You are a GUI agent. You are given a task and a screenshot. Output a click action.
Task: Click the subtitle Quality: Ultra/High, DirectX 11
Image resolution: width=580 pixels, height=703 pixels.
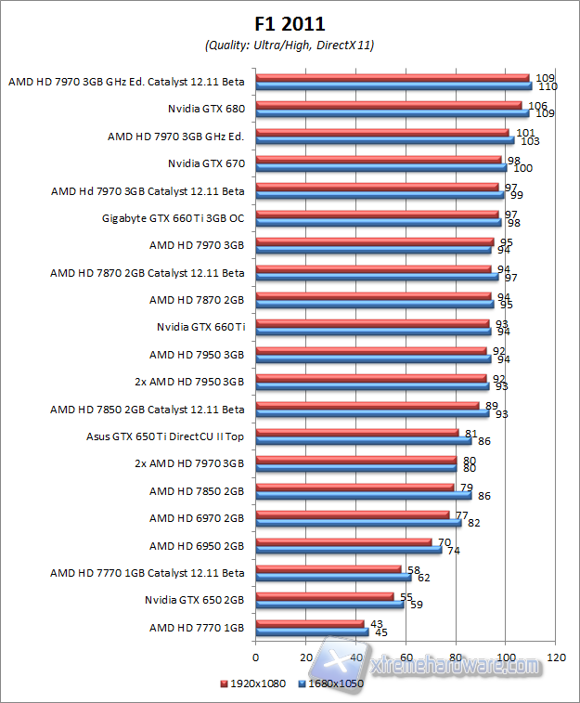(289, 44)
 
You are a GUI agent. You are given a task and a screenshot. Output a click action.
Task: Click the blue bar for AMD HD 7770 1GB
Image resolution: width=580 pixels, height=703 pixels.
(312, 632)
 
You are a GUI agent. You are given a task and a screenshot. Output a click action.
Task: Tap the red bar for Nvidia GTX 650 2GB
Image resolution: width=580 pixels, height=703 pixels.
(325, 596)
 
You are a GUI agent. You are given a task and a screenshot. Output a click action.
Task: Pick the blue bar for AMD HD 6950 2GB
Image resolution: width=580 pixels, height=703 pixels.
(348, 550)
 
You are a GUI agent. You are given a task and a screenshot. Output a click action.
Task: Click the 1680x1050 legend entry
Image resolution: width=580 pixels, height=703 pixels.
(330, 684)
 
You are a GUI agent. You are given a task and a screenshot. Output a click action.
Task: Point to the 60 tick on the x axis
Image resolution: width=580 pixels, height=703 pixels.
(406, 657)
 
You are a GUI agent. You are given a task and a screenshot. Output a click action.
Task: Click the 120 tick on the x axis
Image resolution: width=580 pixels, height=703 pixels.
(557, 657)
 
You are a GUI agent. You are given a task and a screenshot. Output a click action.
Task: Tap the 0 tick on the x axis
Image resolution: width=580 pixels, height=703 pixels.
(255, 657)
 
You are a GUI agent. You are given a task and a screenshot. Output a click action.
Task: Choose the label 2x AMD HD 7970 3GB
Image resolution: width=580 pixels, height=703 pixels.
(189, 462)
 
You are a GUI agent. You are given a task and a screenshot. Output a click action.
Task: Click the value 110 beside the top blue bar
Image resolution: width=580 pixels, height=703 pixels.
(548, 86)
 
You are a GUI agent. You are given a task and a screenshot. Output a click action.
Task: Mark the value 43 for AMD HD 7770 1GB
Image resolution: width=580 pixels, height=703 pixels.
(378, 623)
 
